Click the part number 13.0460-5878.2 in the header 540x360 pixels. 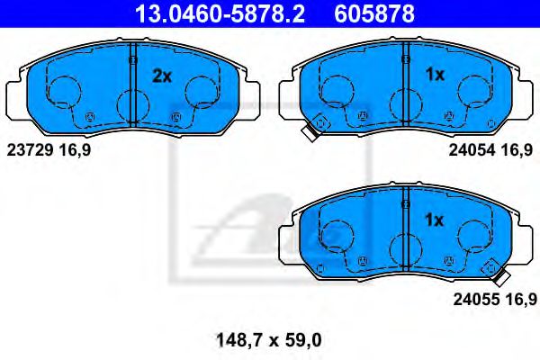(200, 13)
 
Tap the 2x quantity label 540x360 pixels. (161, 76)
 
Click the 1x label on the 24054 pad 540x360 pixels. (435, 76)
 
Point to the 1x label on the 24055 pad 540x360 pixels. (435, 219)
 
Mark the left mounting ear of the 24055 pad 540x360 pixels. (287, 238)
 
